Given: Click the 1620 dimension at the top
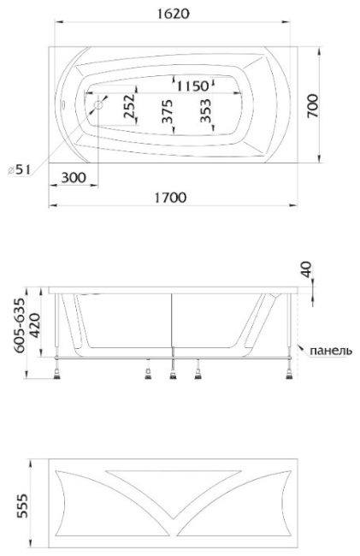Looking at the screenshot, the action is coord(173,14).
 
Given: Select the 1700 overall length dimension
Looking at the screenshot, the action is coord(170,197).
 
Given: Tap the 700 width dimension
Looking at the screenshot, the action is coord(312,106).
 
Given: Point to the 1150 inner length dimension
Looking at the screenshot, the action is coord(192,86).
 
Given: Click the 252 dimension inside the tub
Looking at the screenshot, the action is coord(130,106).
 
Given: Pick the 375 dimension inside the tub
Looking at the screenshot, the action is coord(168,111).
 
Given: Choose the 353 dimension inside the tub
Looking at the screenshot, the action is coord(205,110).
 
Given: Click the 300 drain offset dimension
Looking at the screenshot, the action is coord(74,177).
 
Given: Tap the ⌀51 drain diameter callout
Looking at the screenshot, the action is coord(19,170).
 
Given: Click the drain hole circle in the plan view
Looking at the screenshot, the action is coord(98,105).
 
